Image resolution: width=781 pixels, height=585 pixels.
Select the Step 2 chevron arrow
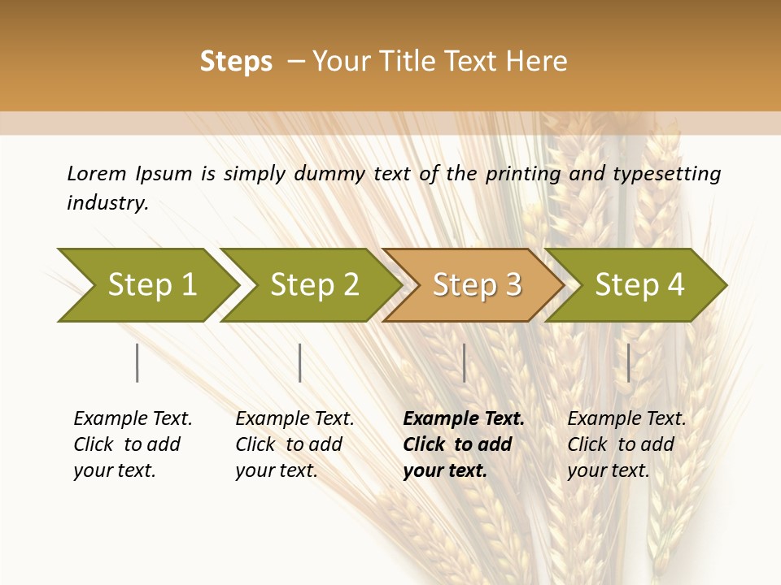314,285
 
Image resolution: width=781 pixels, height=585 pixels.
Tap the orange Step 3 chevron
477,285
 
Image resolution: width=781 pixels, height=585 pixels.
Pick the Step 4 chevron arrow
639,285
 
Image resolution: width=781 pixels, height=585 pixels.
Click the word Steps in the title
236,62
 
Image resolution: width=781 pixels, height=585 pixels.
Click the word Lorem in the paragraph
96,174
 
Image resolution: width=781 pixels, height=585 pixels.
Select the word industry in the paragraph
107,203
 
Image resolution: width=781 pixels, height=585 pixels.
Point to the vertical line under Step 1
137,362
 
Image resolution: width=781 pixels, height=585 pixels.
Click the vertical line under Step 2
300,362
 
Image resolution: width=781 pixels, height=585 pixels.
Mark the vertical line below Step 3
464,362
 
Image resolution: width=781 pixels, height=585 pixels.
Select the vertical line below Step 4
628,362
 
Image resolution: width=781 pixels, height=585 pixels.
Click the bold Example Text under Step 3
464,419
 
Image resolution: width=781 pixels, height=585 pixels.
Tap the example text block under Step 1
133,444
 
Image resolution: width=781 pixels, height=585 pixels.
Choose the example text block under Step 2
295,444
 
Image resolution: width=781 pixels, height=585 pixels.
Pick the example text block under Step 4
626,444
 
